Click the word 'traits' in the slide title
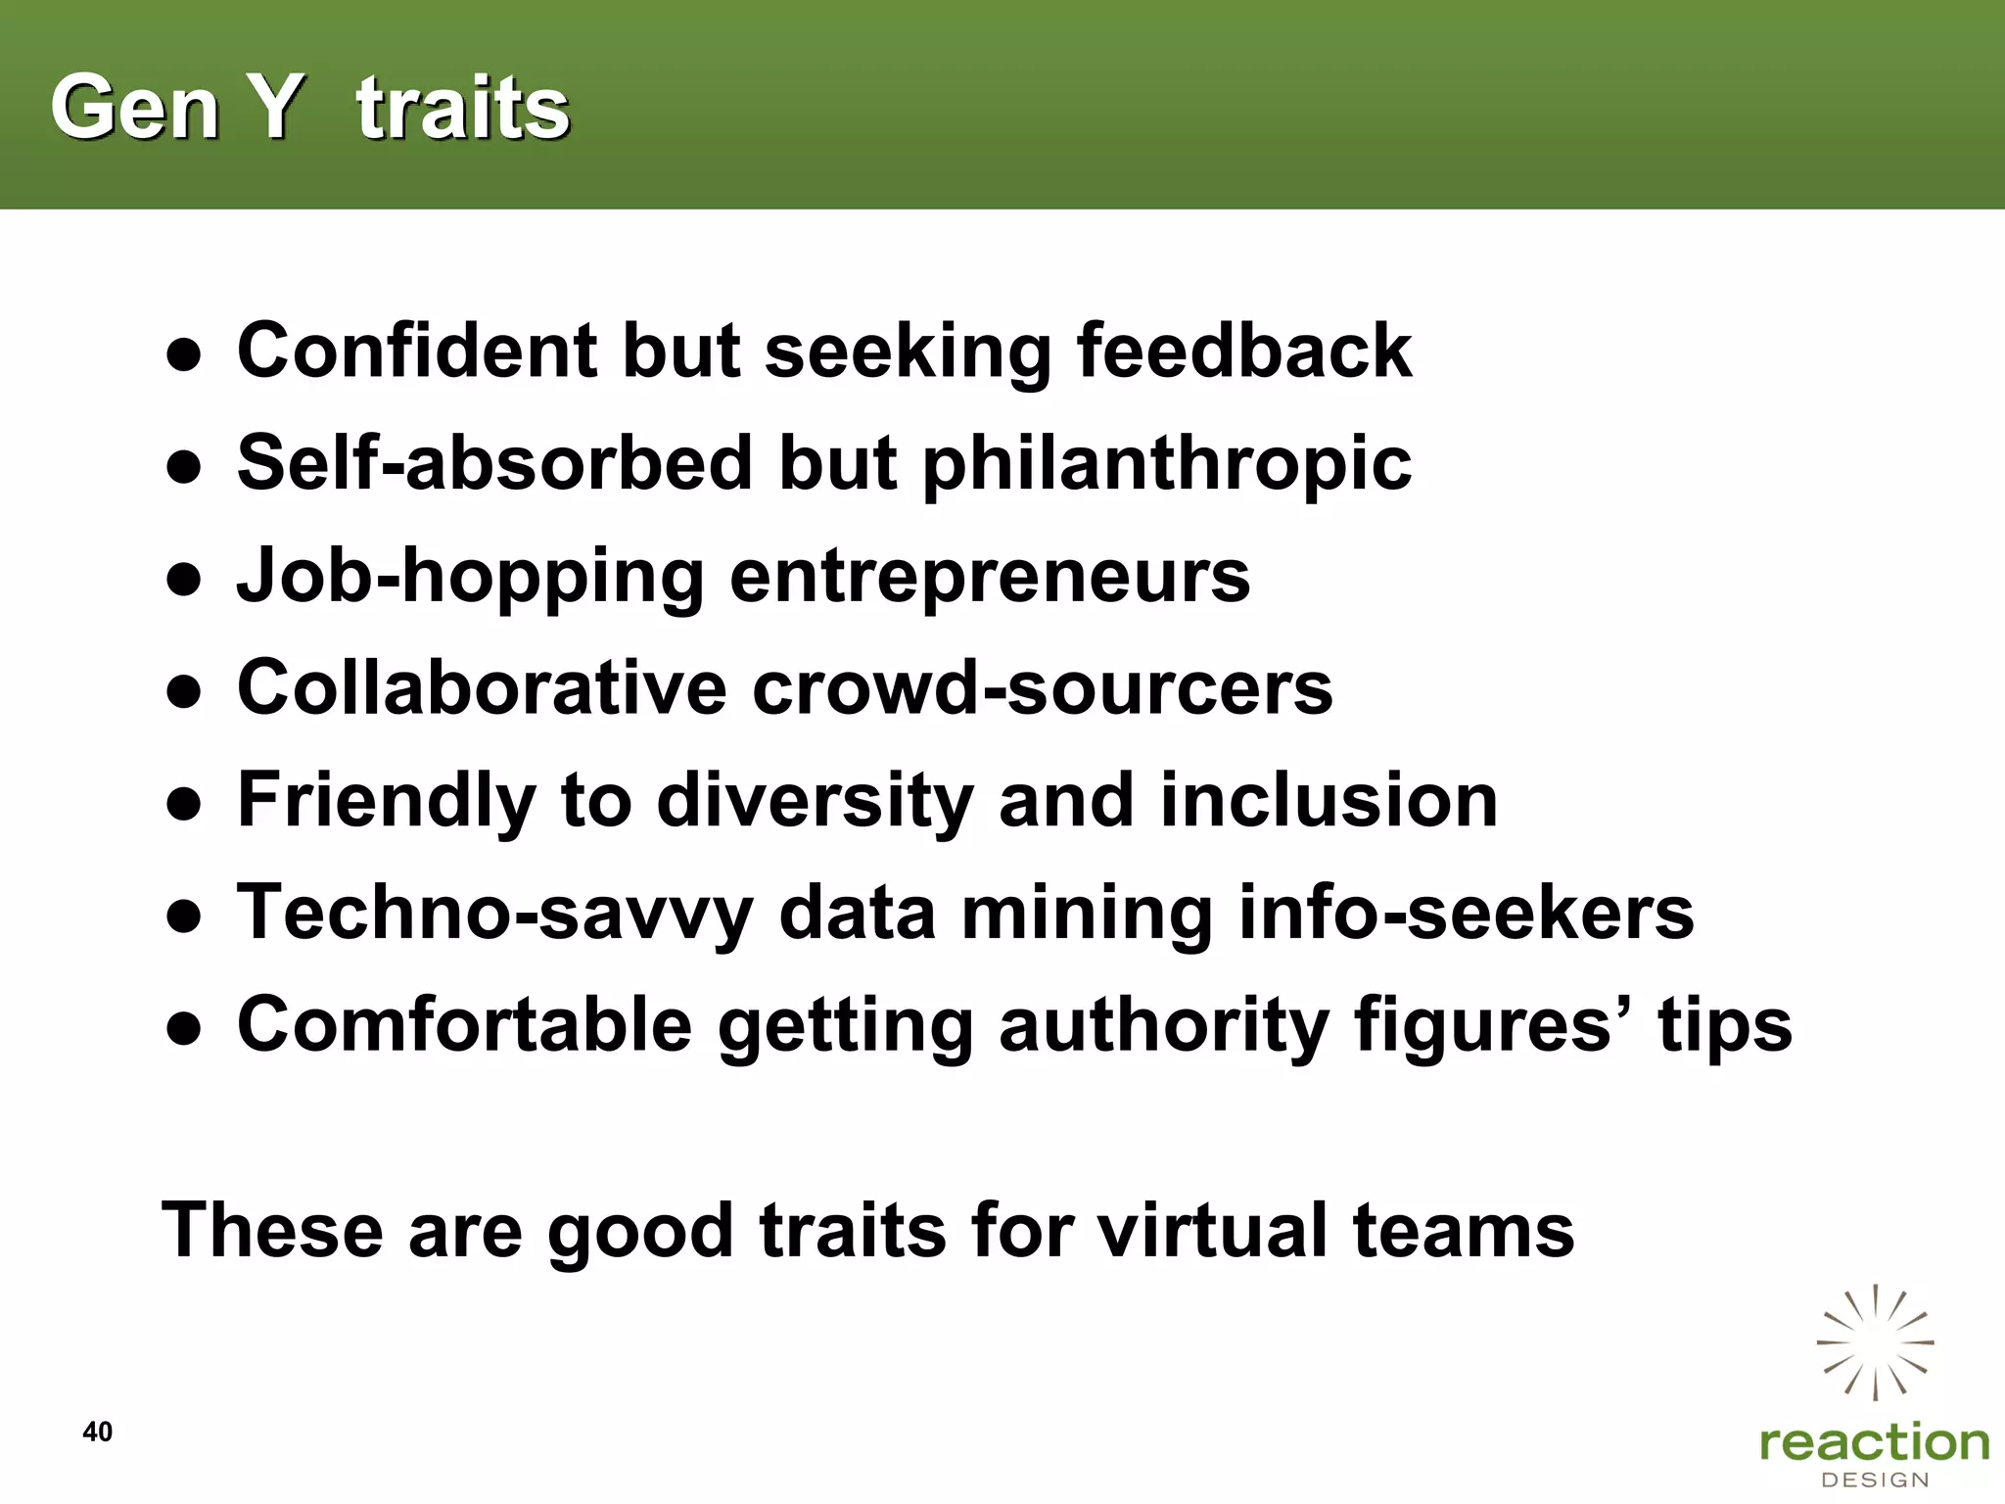pyautogui.click(x=463, y=108)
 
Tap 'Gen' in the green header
pyautogui.click(x=135, y=108)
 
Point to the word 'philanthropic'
pyautogui.click(x=1167, y=463)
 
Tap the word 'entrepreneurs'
pyautogui.click(x=990, y=576)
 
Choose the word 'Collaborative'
pyautogui.click(x=482, y=687)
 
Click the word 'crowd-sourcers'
pyautogui.click(x=1043, y=687)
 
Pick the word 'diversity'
pyautogui.click(x=815, y=801)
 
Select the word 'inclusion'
pyautogui.click(x=1329, y=800)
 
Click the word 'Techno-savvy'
pyautogui.click(x=495, y=913)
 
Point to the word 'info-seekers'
pyautogui.click(x=1466, y=913)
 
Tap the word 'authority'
pyautogui.click(x=1163, y=1025)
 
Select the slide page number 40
pyautogui.click(x=98, y=1432)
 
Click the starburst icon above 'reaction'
pyautogui.click(x=1875, y=1341)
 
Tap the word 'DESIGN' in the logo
pyautogui.click(x=1875, y=1480)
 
